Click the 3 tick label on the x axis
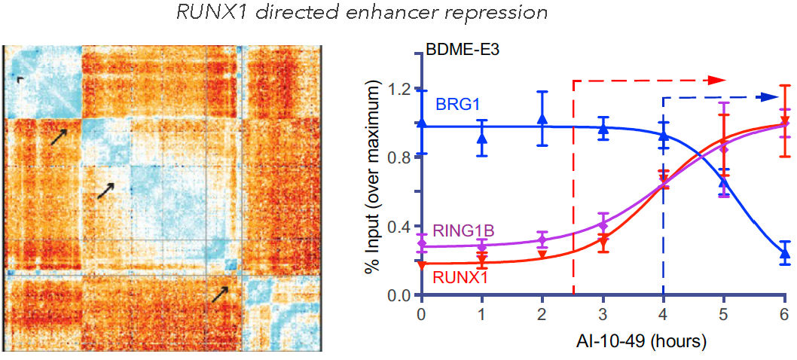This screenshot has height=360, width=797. point(603,313)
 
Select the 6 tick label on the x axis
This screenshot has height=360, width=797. point(784,313)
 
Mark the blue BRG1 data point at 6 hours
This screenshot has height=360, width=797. point(784,254)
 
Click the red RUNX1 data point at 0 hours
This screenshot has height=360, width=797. point(421,264)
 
